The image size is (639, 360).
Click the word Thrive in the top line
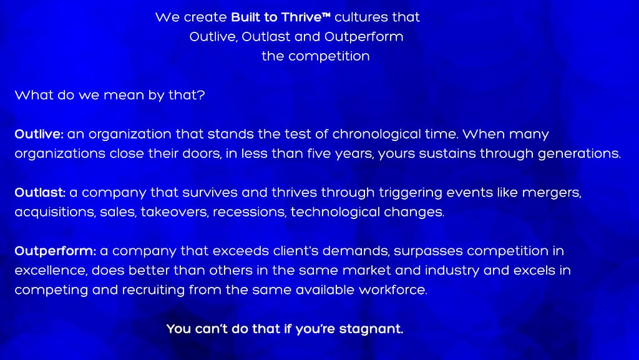click(x=301, y=17)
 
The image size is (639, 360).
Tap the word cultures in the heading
click(x=356, y=17)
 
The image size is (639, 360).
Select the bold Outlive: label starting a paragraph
click(x=39, y=134)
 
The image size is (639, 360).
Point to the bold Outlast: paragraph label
click(x=40, y=192)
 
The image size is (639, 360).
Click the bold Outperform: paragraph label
click(x=56, y=251)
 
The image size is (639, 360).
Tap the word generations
click(x=579, y=153)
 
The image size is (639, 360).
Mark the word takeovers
click(x=175, y=212)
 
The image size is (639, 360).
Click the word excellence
click(x=51, y=270)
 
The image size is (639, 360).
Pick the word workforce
click(x=393, y=290)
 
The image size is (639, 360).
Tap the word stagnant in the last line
click(x=371, y=329)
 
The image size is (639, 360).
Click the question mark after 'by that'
click(x=201, y=95)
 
